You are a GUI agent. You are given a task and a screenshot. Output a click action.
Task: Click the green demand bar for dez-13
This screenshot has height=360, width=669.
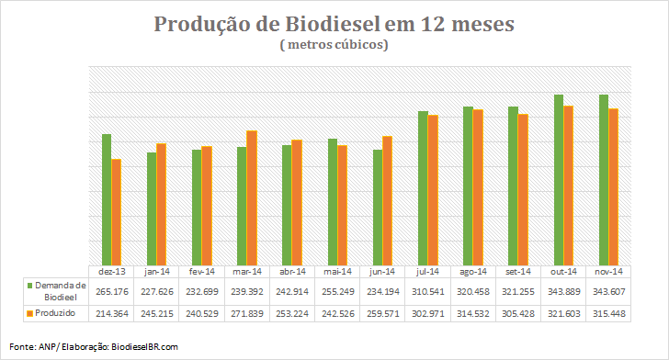107,199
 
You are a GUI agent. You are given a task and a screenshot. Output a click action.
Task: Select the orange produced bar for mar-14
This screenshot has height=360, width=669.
252,198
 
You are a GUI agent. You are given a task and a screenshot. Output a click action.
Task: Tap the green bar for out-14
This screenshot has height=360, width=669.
559,180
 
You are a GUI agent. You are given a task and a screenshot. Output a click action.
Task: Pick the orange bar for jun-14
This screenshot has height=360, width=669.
388,201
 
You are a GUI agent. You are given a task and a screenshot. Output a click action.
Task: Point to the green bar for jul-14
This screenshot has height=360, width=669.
423,188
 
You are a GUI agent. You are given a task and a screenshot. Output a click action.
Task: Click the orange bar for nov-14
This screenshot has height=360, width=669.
614,186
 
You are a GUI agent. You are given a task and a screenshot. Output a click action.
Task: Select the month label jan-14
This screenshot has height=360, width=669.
157,272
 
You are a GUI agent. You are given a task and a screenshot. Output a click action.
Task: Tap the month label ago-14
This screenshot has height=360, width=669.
473,272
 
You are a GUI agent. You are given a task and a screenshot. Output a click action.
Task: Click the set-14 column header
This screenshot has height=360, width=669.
518,272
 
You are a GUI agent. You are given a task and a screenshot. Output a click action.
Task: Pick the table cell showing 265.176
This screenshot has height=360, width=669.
112,292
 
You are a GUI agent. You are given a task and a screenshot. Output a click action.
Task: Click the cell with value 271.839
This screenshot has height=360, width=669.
247,314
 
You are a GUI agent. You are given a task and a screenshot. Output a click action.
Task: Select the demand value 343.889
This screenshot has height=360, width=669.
564,292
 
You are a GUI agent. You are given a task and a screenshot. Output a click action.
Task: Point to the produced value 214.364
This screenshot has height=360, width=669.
112,314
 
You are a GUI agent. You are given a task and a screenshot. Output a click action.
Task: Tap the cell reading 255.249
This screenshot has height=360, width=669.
338,292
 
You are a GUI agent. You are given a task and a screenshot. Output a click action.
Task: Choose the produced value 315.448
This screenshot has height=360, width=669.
609,314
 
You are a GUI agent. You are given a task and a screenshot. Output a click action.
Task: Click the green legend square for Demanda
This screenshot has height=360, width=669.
29,286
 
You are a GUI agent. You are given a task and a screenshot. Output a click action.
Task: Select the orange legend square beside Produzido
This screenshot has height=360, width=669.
29,313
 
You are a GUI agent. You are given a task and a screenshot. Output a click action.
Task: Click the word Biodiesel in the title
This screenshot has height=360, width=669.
333,24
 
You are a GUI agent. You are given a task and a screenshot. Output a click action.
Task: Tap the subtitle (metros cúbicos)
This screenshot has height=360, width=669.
334,44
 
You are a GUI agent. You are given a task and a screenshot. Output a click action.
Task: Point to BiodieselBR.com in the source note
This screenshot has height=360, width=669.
144,347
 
